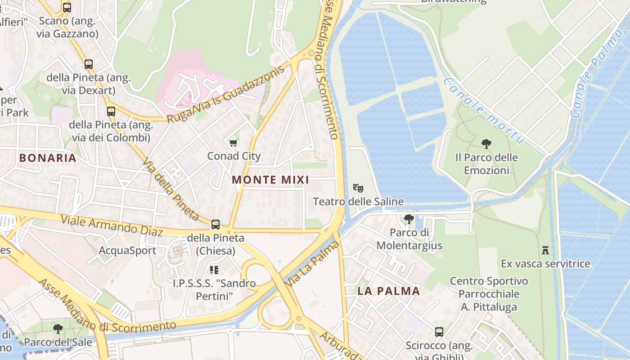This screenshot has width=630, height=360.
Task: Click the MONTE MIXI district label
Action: (x=270, y=180)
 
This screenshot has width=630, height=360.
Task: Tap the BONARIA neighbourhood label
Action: (x=48, y=158)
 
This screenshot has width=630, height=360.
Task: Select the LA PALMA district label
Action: (x=389, y=291)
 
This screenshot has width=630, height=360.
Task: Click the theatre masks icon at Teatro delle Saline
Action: (x=358, y=188)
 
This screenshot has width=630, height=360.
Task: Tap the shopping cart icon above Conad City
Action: (x=233, y=143)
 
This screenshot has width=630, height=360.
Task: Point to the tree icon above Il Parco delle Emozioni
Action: (x=486, y=144)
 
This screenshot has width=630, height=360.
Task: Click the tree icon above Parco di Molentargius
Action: (x=409, y=219)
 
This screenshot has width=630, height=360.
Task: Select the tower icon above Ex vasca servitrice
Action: (x=545, y=250)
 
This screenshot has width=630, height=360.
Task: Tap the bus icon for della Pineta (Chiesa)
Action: (x=216, y=224)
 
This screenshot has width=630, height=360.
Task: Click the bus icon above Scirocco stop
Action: (x=439, y=332)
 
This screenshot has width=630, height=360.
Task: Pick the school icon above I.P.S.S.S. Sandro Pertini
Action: (x=214, y=270)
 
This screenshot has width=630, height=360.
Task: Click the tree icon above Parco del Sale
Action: (x=58, y=329)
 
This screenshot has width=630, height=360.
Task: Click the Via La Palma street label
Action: (x=312, y=264)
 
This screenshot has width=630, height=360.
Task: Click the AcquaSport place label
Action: (x=127, y=251)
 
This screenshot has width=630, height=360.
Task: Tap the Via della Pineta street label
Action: (x=171, y=189)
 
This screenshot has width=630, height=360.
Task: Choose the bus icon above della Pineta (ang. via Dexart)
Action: (x=89, y=64)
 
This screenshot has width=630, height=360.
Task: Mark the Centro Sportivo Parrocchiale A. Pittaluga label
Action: (x=489, y=294)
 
